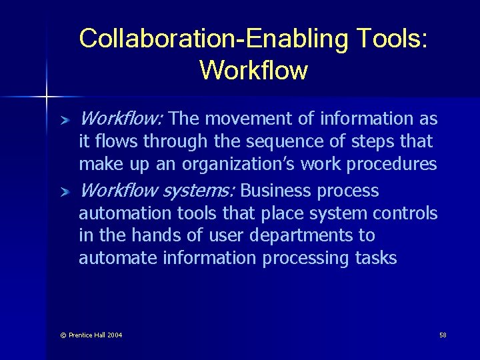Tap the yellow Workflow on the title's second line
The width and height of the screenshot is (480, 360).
[x=253, y=69]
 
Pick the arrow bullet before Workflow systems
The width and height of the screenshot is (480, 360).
[x=65, y=193]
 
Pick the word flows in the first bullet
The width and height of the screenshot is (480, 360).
[x=113, y=141]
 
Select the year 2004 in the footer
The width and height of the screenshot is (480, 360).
[x=113, y=335]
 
